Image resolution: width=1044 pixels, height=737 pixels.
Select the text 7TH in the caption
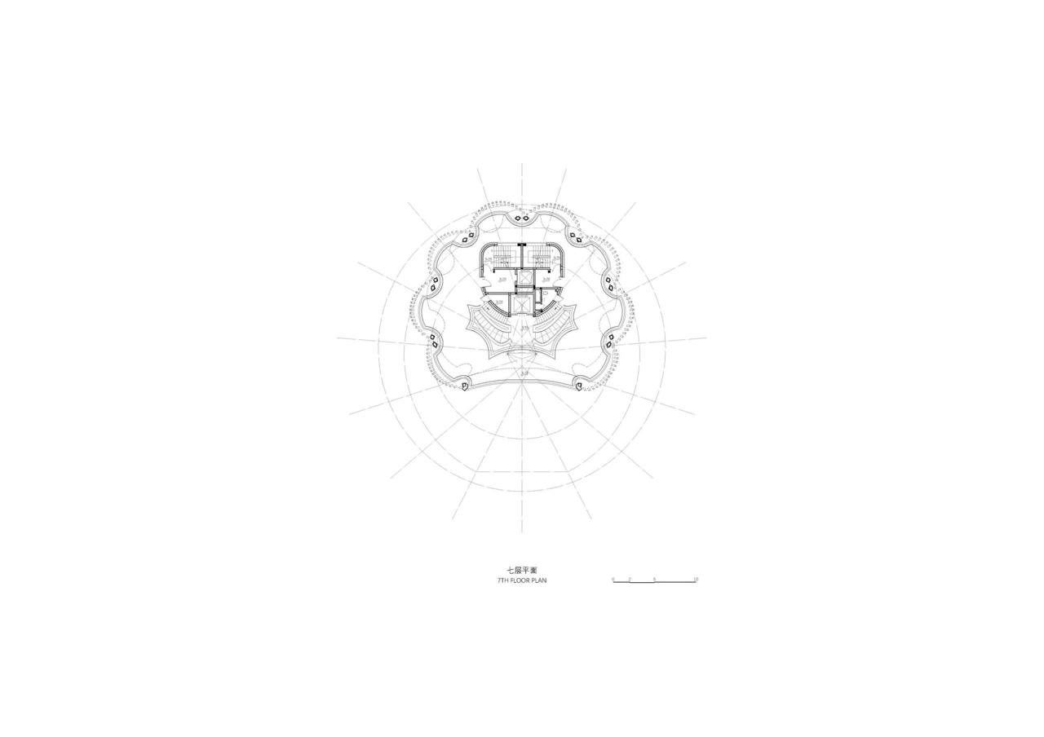(503, 580)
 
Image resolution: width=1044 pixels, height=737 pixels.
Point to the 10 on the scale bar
(695, 579)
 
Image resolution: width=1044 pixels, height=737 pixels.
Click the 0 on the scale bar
(613, 579)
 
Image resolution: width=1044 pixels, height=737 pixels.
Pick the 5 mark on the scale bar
(654, 579)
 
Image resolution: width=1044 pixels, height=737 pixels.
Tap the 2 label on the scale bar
(630, 579)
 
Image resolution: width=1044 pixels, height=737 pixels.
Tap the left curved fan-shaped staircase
(491, 326)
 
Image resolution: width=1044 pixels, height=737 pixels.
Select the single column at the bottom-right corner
(580, 384)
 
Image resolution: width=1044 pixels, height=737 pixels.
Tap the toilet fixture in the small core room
(546, 291)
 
